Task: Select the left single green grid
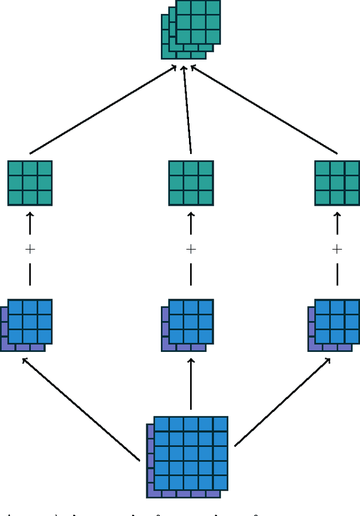tap(30, 183)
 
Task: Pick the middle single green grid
tap(191, 183)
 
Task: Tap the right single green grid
tap(337, 183)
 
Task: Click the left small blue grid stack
tap(27, 324)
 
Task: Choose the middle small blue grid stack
tap(188, 324)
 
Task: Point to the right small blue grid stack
tap(334, 324)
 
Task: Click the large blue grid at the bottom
tap(188, 456)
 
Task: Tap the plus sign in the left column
tap(30, 249)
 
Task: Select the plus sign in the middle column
tap(191, 249)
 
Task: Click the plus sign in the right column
tap(337, 249)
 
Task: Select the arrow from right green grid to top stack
tap(264, 110)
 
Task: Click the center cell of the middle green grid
tap(191, 183)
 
